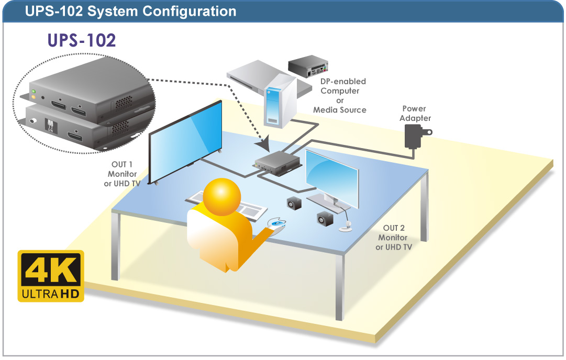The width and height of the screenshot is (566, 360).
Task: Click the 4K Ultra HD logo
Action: tap(51, 276)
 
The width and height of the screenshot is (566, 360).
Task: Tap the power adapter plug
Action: tap(416, 137)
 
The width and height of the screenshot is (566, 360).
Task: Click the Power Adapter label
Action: tap(415, 113)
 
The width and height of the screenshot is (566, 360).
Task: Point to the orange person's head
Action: tap(221, 197)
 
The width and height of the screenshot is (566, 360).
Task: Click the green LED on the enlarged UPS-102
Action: tap(33, 92)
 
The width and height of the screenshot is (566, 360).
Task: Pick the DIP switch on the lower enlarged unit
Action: tap(50, 125)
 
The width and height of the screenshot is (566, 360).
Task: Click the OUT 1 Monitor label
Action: tap(122, 174)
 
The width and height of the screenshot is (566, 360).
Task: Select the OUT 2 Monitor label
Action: tap(393, 238)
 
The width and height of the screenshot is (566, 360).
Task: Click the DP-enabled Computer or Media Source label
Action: tap(340, 96)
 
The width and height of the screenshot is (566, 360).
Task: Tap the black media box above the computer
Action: tap(308, 66)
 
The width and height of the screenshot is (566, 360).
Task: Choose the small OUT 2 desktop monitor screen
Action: tap(332, 178)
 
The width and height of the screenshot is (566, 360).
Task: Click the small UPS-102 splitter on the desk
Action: tap(278, 163)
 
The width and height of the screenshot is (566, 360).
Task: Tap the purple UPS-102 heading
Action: tap(82, 40)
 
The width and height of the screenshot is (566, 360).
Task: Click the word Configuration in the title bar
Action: tap(189, 11)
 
